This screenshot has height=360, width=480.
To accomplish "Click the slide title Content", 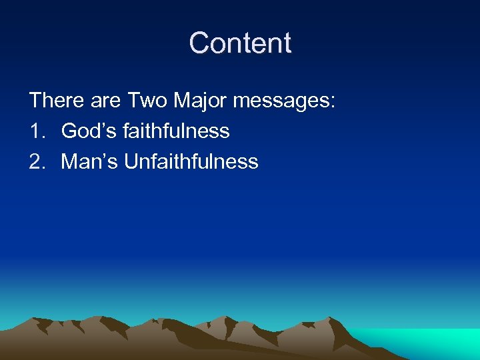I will [x=240, y=43].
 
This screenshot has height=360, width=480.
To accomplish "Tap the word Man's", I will [x=89, y=161].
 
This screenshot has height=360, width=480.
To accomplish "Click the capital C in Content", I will [x=199, y=43].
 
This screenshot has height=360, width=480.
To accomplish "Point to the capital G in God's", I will [x=69, y=131].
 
